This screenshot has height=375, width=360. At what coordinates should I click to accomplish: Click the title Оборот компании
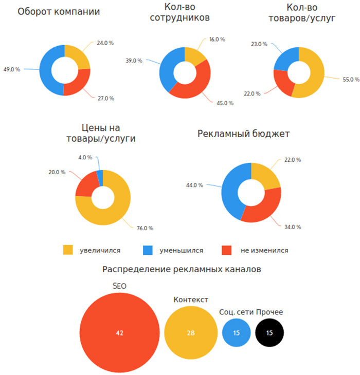click(x=59, y=12)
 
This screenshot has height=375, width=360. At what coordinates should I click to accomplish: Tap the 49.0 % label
click(x=12, y=69)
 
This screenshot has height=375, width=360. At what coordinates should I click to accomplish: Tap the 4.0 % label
click(x=85, y=157)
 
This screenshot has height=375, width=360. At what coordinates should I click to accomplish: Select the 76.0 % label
click(x=145, y=228)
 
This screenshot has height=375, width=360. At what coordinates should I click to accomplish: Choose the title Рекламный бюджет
click(x=244, y=134)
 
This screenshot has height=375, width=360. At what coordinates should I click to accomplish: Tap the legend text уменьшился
click(x=182, y=251)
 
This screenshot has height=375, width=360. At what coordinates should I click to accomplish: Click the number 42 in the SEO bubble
click(x=119, y=333)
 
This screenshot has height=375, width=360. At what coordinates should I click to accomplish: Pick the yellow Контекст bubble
click(x=191, y=333)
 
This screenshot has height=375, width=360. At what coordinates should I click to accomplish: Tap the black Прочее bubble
click(x=269, y=333)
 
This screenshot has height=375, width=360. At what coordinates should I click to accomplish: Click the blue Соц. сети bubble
click(x=236, y=333)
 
